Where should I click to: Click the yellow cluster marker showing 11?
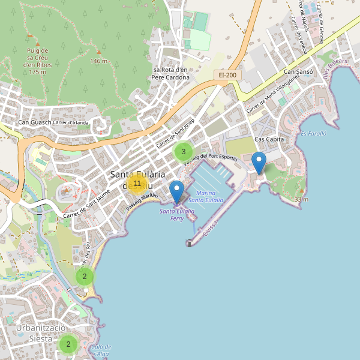(137, 184)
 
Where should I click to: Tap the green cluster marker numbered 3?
(184, 152)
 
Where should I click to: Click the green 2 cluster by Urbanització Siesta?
(68, 344)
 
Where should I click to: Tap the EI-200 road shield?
(227, 75)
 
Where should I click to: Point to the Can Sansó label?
(298, 73)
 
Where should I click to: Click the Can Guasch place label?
(34, 123)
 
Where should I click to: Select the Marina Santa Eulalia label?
(206, 196)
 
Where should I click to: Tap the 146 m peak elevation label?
(98, 61)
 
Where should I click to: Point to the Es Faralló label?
(313, 133)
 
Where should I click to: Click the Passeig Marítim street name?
(142, 202)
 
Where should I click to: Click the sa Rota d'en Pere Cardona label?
(170, 73)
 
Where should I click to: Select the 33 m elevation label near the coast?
(301, 199)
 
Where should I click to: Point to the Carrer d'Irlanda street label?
(71, 123)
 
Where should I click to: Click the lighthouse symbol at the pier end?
(188, 243)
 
